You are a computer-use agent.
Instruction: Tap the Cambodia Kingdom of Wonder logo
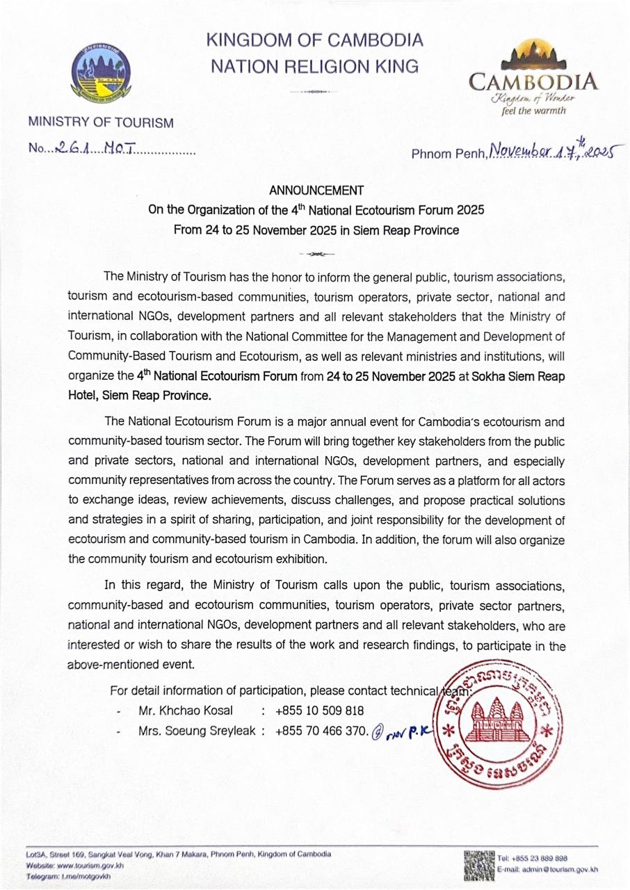click(x=533, y=76)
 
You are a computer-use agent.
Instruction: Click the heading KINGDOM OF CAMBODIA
click(x=314, y=40)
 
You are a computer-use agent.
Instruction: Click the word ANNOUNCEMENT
click(x=316, y=190)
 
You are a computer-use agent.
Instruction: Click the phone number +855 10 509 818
click(x=319, y=711)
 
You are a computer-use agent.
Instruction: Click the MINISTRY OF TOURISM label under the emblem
click(x=100, y=123)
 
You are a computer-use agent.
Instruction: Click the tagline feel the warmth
click(x=533, y=110)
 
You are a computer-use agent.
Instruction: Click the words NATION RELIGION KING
click(x=314, y=66)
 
